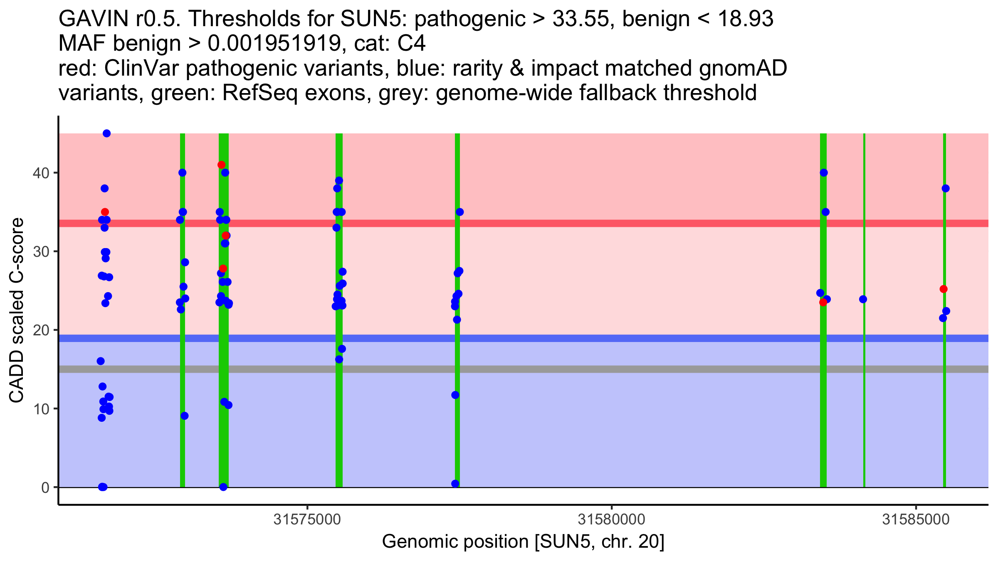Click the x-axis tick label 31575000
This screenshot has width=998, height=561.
(x=307, y=520)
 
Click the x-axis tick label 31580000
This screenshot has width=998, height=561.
(x=612, y=520)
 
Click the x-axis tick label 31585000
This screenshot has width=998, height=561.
(x=916, y=520)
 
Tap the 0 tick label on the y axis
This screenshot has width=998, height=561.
(x=45, y=487)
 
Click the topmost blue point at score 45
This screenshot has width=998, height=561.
(x=106, y=133)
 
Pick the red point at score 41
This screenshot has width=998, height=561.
(x=221, y=165)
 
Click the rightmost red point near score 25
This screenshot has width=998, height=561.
(x=944, y=289)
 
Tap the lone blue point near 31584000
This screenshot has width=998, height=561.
(x=863, y=299)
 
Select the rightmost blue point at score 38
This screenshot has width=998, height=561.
(x=946, y=188)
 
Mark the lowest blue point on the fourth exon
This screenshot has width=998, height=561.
(x=455, y=484)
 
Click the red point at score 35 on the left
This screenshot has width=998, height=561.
(x=105, y=212)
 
